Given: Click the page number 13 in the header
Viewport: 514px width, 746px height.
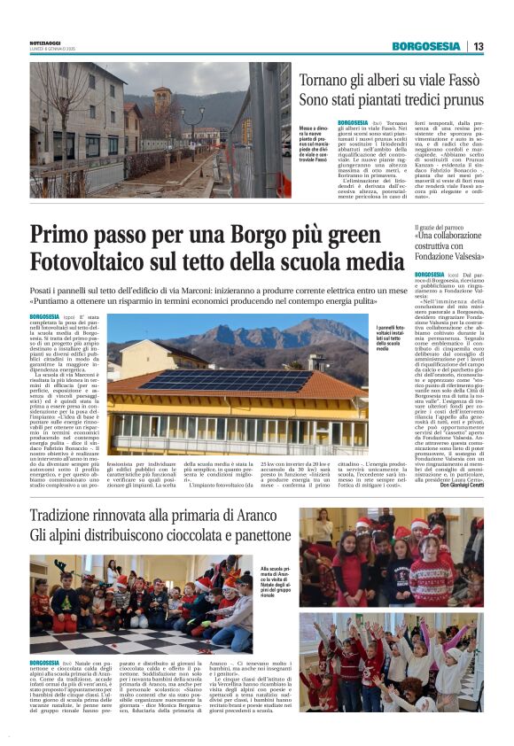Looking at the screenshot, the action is [479, 46].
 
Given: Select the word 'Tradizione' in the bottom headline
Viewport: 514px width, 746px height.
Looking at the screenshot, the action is [70, 517].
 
